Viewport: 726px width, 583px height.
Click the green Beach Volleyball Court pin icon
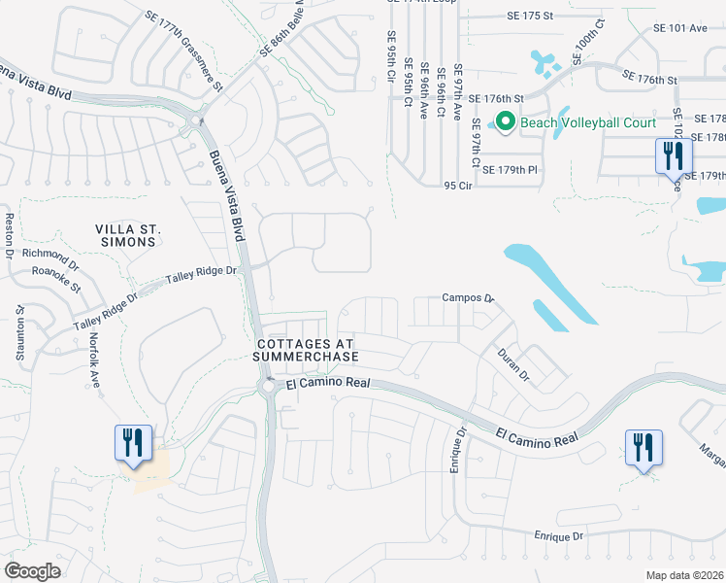[505, 121]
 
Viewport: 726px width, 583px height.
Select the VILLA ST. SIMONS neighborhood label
[127, 236]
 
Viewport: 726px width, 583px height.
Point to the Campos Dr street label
[469, 298]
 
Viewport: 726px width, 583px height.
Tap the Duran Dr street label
[511, 364]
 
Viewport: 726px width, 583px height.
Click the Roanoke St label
[54, 281]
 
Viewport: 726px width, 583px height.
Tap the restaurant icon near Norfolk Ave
[132, 442]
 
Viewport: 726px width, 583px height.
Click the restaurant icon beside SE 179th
[673, 155]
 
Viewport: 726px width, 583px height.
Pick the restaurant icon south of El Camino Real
[643, 447]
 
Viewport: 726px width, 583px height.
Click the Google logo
[32, 570]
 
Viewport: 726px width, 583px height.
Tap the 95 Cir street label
[456, 185]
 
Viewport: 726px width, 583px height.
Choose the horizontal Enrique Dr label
[558, 535]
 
